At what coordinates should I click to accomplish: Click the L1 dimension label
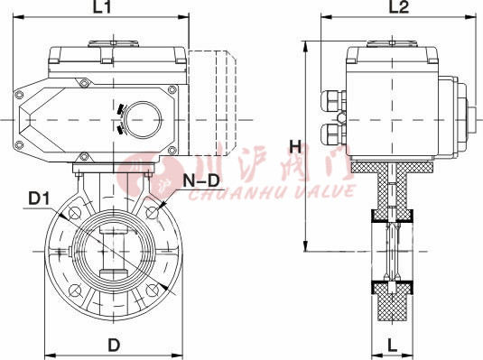(x=102, y=9)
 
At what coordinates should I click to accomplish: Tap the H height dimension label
(x=293, y=146)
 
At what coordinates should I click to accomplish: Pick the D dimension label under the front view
(x=115, y=344)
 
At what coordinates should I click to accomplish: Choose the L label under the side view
(x=394, y=345)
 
